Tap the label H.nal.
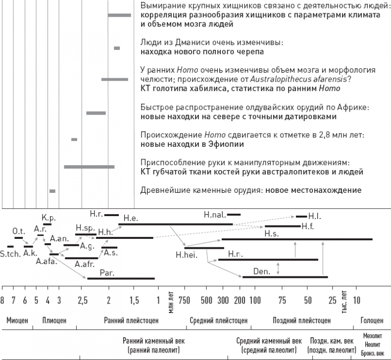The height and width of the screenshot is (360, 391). pyautogui.click(x=215, y=215)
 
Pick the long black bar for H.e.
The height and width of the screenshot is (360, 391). pyautogui.click(x=175, y=224)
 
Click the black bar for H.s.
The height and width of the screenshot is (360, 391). pyautogui.click(x=297, y=239)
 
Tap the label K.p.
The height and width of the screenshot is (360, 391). pyautogui.click(x=48, y=217)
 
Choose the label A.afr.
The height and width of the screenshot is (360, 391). pyautogui.click(x=85, y=265)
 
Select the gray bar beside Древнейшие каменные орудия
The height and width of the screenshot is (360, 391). pyautogui.click(x=52, y=191)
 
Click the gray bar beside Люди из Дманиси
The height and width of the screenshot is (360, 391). pyautogui.click(x=117, y=48)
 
